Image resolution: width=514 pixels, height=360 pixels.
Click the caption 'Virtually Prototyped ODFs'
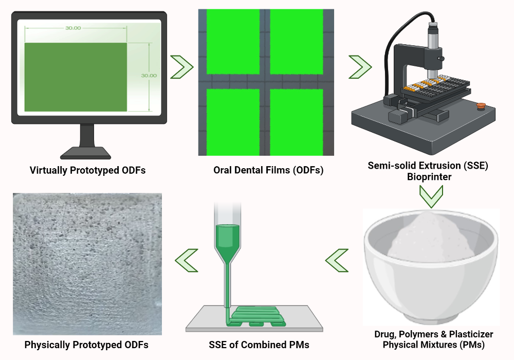87,170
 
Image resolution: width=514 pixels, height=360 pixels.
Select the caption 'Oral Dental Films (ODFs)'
268,170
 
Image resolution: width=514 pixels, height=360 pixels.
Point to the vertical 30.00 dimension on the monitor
149,75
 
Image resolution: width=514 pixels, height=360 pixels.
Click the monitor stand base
85,153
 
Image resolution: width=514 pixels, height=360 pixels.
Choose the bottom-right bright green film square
296,121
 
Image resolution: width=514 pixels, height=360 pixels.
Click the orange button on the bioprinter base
481,105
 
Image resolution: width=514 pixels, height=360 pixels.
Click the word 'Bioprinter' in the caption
431,176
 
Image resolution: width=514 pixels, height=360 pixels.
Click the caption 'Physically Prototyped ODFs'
86,345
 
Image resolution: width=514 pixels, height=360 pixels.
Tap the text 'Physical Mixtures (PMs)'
431,345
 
